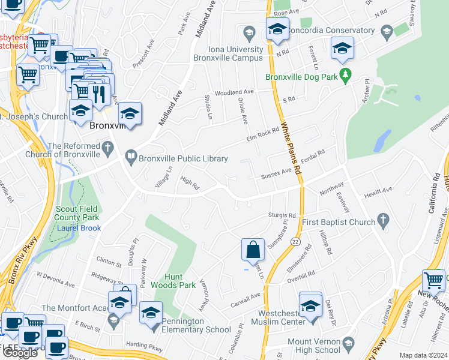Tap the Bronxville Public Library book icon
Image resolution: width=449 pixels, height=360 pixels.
click(131, 158)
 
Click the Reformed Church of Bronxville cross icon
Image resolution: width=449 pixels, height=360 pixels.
click(107, 147)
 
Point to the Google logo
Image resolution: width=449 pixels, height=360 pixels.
click(20, 353)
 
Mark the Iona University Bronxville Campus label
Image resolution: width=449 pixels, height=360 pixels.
click(228, 53)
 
